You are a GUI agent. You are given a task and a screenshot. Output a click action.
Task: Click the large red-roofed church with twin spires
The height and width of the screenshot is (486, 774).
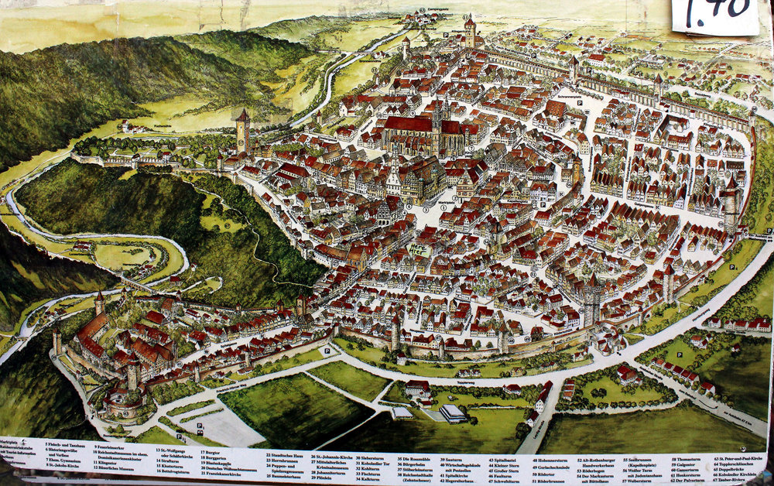pyautogui.click(x=418, y=132)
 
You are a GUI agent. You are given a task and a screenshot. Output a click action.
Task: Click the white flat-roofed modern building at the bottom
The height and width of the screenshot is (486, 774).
pyautogui.click(x=453, y=413)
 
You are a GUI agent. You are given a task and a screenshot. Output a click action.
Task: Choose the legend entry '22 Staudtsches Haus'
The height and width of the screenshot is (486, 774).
pyautogui.click(x=289, y=457)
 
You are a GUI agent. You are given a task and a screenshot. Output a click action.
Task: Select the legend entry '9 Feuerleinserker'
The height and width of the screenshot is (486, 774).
pyautogui.click(x=113, y=448)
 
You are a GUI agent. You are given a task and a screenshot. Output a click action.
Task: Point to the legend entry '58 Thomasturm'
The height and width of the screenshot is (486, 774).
pyautogui.click(x=684, y=460)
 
